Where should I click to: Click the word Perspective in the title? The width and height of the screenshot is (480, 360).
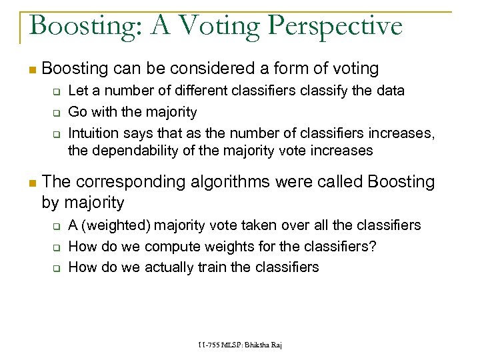[336, 26]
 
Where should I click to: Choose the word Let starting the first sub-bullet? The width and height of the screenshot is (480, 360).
[78, 90]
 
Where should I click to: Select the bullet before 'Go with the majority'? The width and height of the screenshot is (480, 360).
[57, 112]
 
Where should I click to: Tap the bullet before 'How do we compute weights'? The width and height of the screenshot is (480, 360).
[57, 247]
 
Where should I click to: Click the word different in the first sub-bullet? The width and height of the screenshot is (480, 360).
[171, 90]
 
